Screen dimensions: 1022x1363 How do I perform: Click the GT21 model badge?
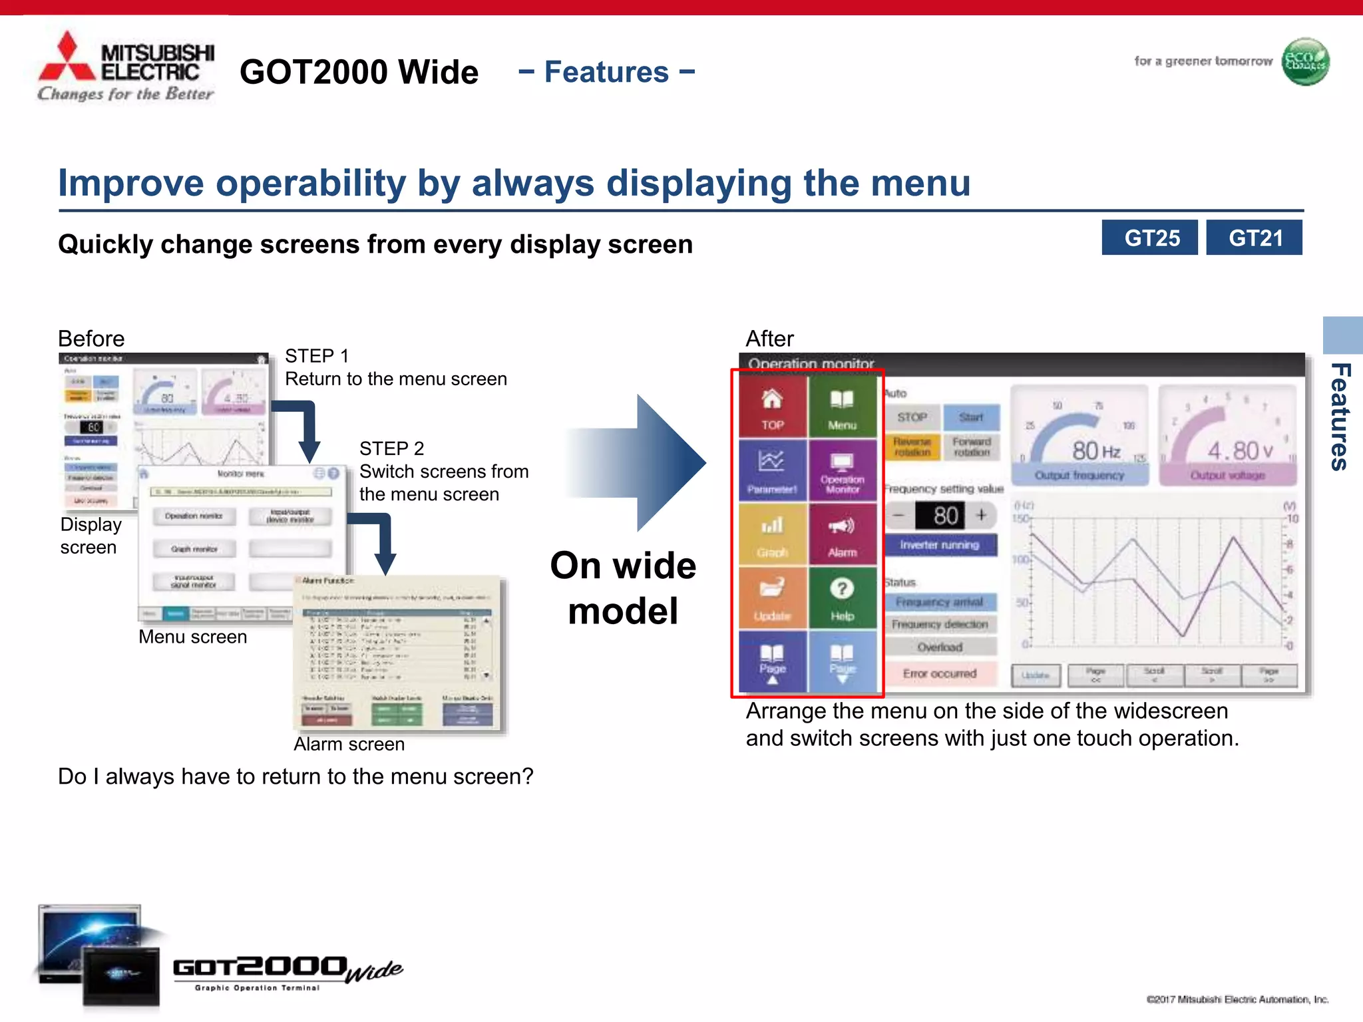click(1254, 238)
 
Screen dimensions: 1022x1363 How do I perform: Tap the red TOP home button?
click(772, 407)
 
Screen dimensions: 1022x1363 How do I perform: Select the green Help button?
click(842, 597)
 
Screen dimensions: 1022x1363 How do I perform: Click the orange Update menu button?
click(772, 597)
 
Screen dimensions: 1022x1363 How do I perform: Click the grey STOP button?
click(912, 417)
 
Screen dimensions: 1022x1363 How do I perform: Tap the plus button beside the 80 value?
click(981, 515)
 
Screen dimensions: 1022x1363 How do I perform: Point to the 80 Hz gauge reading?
click(1095, 451)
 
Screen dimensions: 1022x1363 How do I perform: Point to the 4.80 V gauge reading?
click(1239, 451)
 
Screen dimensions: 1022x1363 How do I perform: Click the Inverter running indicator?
click(940, 545)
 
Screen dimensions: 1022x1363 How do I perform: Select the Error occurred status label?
click(940, 673)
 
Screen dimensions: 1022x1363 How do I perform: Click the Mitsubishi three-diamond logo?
click(67, 59)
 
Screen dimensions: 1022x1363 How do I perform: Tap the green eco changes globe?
click(1305, 62)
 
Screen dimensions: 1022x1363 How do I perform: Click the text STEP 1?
click(317, 356)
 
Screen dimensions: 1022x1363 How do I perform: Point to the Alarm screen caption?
click(349, 744)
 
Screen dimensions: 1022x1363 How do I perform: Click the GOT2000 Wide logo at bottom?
click(286, 970)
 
